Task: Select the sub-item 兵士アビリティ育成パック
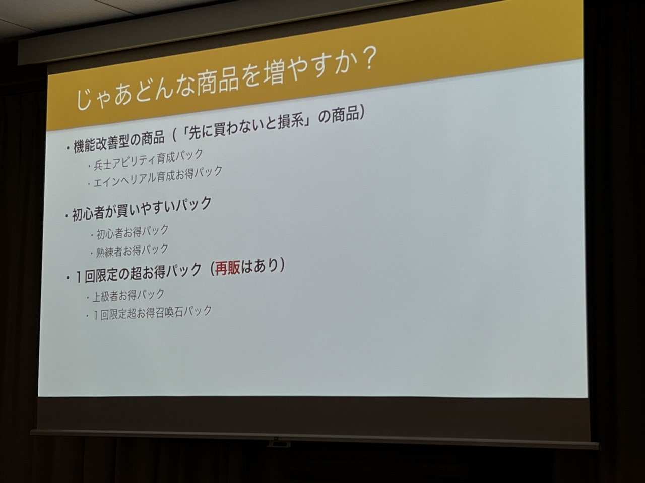pyautogui.click(x=149, y=159)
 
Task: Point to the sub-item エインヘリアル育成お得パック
pyautogui.click(x=158, y=176)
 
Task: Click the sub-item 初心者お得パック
pyautogui.click(x=133, y=231)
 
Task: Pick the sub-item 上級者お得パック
pyautogui.click(x=128, y=295)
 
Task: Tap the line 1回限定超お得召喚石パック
pyautogui.click(x=152, y=312)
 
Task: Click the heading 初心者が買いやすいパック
pyautogui.click(x=142, y=208)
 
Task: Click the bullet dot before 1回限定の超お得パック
pyautogui.click(x=68, y=278)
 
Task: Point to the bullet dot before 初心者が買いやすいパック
pyautogui.click(x=67, y=217)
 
